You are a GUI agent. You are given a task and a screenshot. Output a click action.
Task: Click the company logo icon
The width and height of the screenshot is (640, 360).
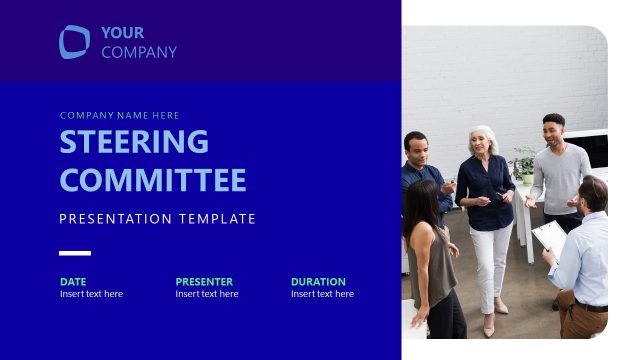point(74,42)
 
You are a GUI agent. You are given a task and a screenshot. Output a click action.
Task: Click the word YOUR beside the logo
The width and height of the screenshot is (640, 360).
point(122,33)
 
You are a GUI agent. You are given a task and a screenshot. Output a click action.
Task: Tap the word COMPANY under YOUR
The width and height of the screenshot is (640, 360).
point(138,52)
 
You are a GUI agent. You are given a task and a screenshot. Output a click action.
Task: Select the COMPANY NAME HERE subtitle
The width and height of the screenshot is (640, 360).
point(119,115)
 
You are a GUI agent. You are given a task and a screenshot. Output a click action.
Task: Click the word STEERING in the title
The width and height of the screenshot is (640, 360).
point(134,142)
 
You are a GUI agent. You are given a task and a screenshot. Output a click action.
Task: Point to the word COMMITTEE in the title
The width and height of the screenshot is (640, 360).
point(152,180)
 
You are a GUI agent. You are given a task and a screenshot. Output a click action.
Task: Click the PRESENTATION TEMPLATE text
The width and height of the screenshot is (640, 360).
point(157,219)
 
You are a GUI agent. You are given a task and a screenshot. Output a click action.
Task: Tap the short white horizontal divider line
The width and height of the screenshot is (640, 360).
point(74,253)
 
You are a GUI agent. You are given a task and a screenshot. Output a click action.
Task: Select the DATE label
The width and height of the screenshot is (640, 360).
point(73,282)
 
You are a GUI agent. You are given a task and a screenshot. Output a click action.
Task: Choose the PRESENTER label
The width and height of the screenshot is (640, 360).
point(204,282)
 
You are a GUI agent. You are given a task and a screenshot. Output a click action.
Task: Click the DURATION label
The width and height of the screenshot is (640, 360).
point(318,282)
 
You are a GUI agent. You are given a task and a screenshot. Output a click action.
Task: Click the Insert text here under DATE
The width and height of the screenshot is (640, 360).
point(91,294)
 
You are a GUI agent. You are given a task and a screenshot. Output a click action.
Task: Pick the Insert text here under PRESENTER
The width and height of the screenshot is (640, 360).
point(206,294)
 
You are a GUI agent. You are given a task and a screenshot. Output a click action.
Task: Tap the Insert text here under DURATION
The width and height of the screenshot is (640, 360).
point(322,294)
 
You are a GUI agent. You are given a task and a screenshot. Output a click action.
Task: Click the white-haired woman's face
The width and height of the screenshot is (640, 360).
point(485,142)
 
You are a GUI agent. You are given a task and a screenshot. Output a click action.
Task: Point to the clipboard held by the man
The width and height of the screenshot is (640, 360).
point(548,238)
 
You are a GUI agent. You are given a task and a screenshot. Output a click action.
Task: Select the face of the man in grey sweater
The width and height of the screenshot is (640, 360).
point(553,131)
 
